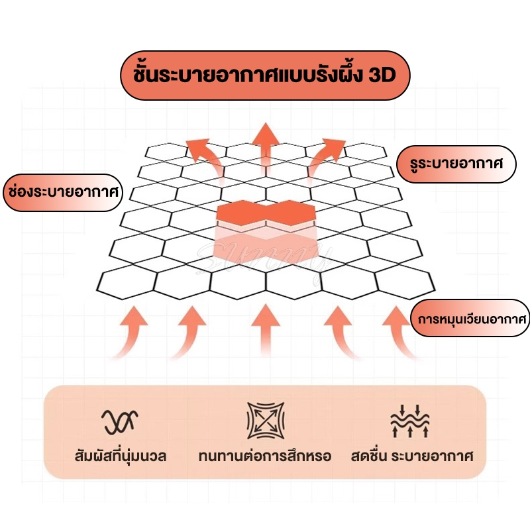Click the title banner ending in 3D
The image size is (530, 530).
pos(264,75)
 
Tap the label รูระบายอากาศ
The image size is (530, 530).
pos(456,164)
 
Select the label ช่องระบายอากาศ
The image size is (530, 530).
pos(61,193)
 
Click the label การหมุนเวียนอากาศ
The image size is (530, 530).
pos(471,319)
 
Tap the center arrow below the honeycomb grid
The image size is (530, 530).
pos(264,331)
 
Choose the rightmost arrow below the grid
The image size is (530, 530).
pos(400,331)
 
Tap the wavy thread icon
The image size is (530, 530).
pos(121,419)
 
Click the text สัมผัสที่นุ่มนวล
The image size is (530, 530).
pos(120,456)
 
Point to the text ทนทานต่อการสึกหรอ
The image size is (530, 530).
pos(264,456)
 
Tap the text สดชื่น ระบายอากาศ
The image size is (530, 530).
pos(412,456)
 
